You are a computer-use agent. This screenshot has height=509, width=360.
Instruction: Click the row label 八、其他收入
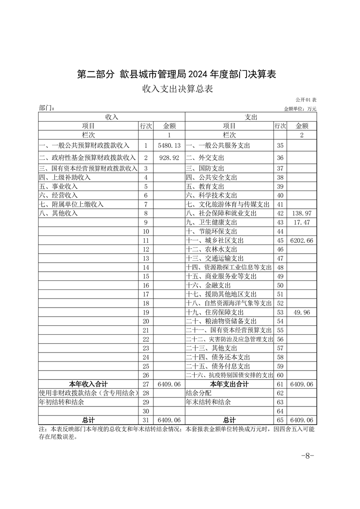[x=59, y=213]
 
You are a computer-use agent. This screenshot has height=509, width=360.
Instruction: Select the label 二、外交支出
[x=205, y=158]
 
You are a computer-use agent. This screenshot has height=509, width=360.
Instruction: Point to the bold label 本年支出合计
[x=229, y=384]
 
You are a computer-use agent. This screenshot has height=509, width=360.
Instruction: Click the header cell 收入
[x=112, y=117]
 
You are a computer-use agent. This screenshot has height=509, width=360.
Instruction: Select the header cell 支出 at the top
[x=251, y=117]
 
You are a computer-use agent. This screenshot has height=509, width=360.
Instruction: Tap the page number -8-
[x=308, y=456]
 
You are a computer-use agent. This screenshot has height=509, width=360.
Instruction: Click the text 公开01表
[x=306, y=99]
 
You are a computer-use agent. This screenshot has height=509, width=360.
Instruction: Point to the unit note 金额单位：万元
[x=300, y=109]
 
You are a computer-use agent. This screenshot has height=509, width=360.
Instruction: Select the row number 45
[x=280, y=240]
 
